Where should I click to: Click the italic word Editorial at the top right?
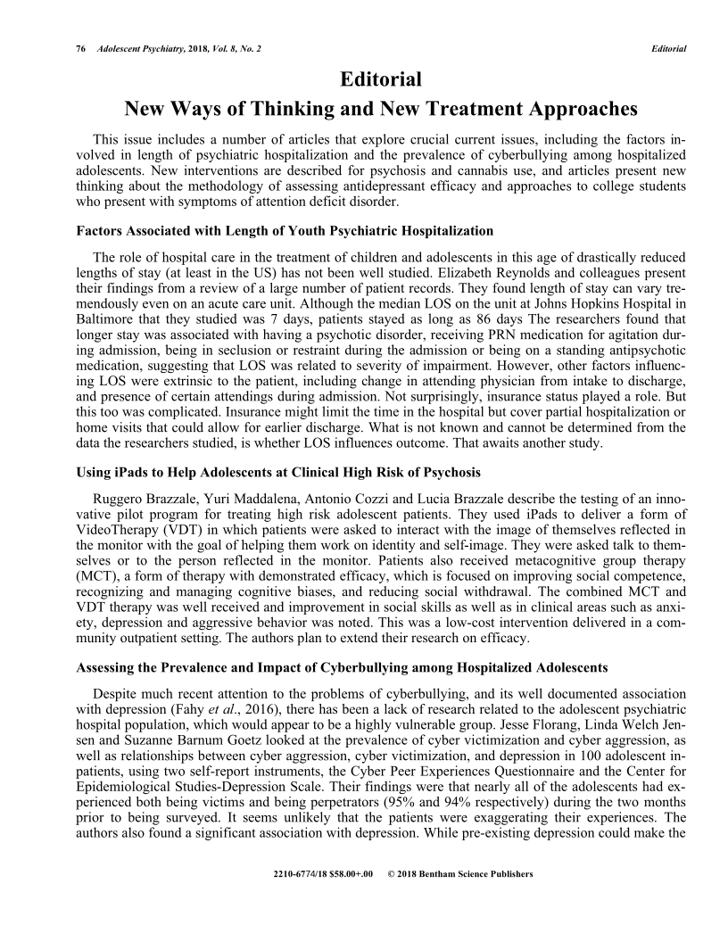(668, 48)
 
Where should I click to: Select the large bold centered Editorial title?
(381, 79)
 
